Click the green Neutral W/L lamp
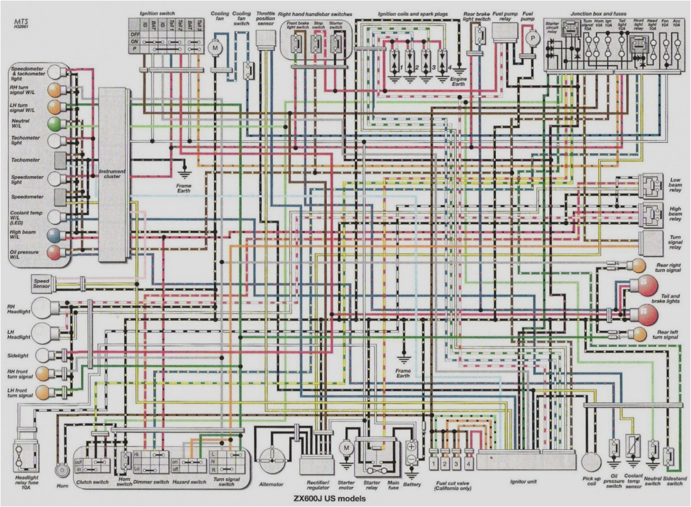(55, 123)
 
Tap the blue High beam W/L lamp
(55, 235)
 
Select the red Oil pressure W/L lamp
(55, 252)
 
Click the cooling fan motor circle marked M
(214, 47)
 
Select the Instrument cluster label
(112, 174)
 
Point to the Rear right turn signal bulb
(635, 265)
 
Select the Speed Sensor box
(42, 282)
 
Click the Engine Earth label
(459, 82)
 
